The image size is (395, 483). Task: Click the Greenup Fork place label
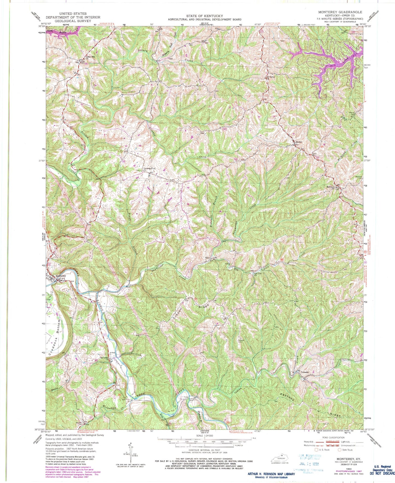[x=149, y=169]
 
